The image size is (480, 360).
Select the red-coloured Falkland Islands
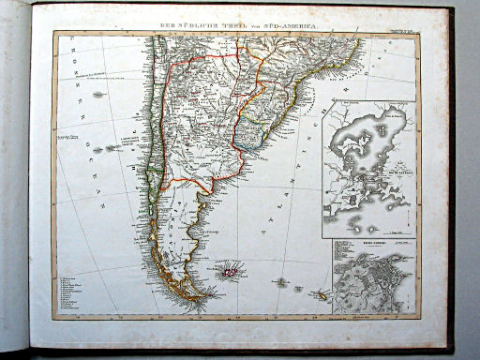tap(229, 273)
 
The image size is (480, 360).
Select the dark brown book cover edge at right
tap(450, 178)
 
